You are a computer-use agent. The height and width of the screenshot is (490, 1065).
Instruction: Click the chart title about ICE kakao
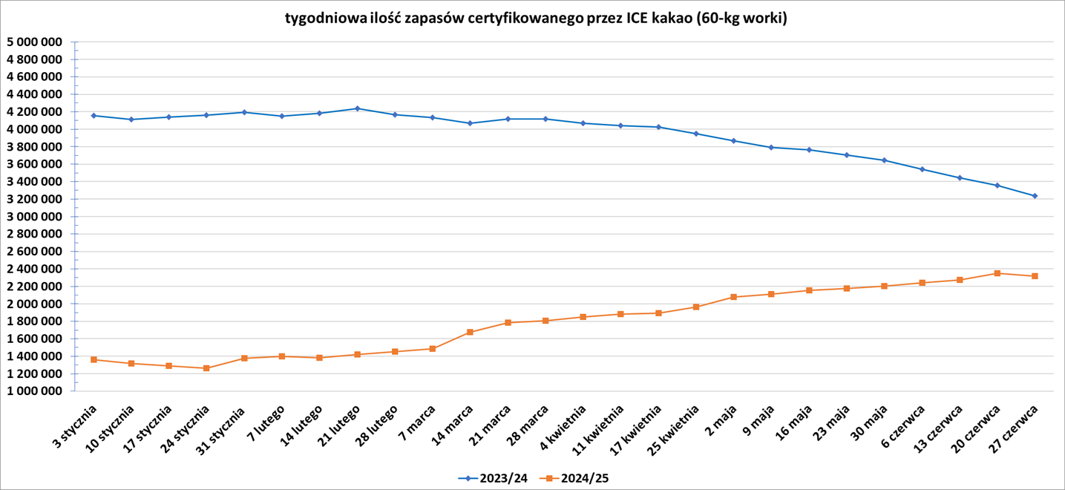[x=536, y=19]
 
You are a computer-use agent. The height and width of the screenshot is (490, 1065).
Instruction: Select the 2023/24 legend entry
[x=493, y=478]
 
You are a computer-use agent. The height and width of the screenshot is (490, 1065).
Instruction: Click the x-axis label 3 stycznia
[x=76, y=427]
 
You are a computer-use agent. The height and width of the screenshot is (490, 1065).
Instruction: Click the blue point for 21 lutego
[x=357, y=108]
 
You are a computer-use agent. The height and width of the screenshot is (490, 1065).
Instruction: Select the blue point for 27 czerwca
[x=1035, y=196]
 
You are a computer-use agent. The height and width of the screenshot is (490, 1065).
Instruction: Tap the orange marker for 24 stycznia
[x=206, y=368]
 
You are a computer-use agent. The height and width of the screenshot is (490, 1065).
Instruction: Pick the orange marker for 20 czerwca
[x=997, y=273]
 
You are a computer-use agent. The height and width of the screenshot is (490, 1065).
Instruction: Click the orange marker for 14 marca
[x=470, y=333]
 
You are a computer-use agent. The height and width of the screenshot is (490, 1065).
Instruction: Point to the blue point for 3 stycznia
[x=94, y=116]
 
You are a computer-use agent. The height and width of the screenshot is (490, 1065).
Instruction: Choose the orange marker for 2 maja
[x=733, y=297]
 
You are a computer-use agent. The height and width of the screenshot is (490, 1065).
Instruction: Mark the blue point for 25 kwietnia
[x=695, y=134]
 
